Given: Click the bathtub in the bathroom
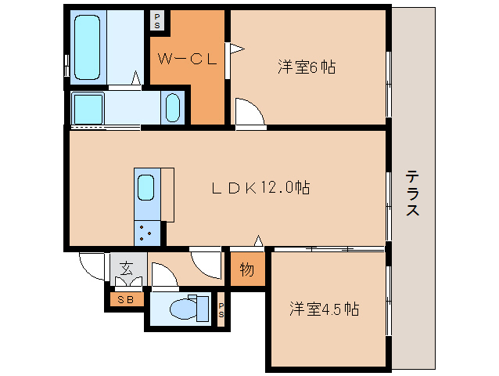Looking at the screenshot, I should tap(88, 47).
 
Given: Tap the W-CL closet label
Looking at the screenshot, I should tap(187, 59).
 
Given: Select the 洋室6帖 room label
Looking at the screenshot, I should tap(306, 67).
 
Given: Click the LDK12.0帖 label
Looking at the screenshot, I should tap(261, 188).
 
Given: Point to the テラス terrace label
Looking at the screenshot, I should tap(412, 193).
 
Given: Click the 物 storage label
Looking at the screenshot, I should tap(246, 270).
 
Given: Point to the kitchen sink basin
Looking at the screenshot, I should tap(146, 189).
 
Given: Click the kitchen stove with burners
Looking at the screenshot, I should tap(146, 231).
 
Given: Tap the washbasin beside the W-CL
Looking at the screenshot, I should tap(174, 107).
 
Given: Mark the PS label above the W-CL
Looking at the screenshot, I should tap(157, 19).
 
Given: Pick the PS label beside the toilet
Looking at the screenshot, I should tap(221, 309).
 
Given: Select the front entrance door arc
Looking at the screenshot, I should tap(92, 266).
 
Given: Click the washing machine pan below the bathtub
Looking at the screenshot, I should tap(88, 107).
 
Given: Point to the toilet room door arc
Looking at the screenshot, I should tap(164, 274).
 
